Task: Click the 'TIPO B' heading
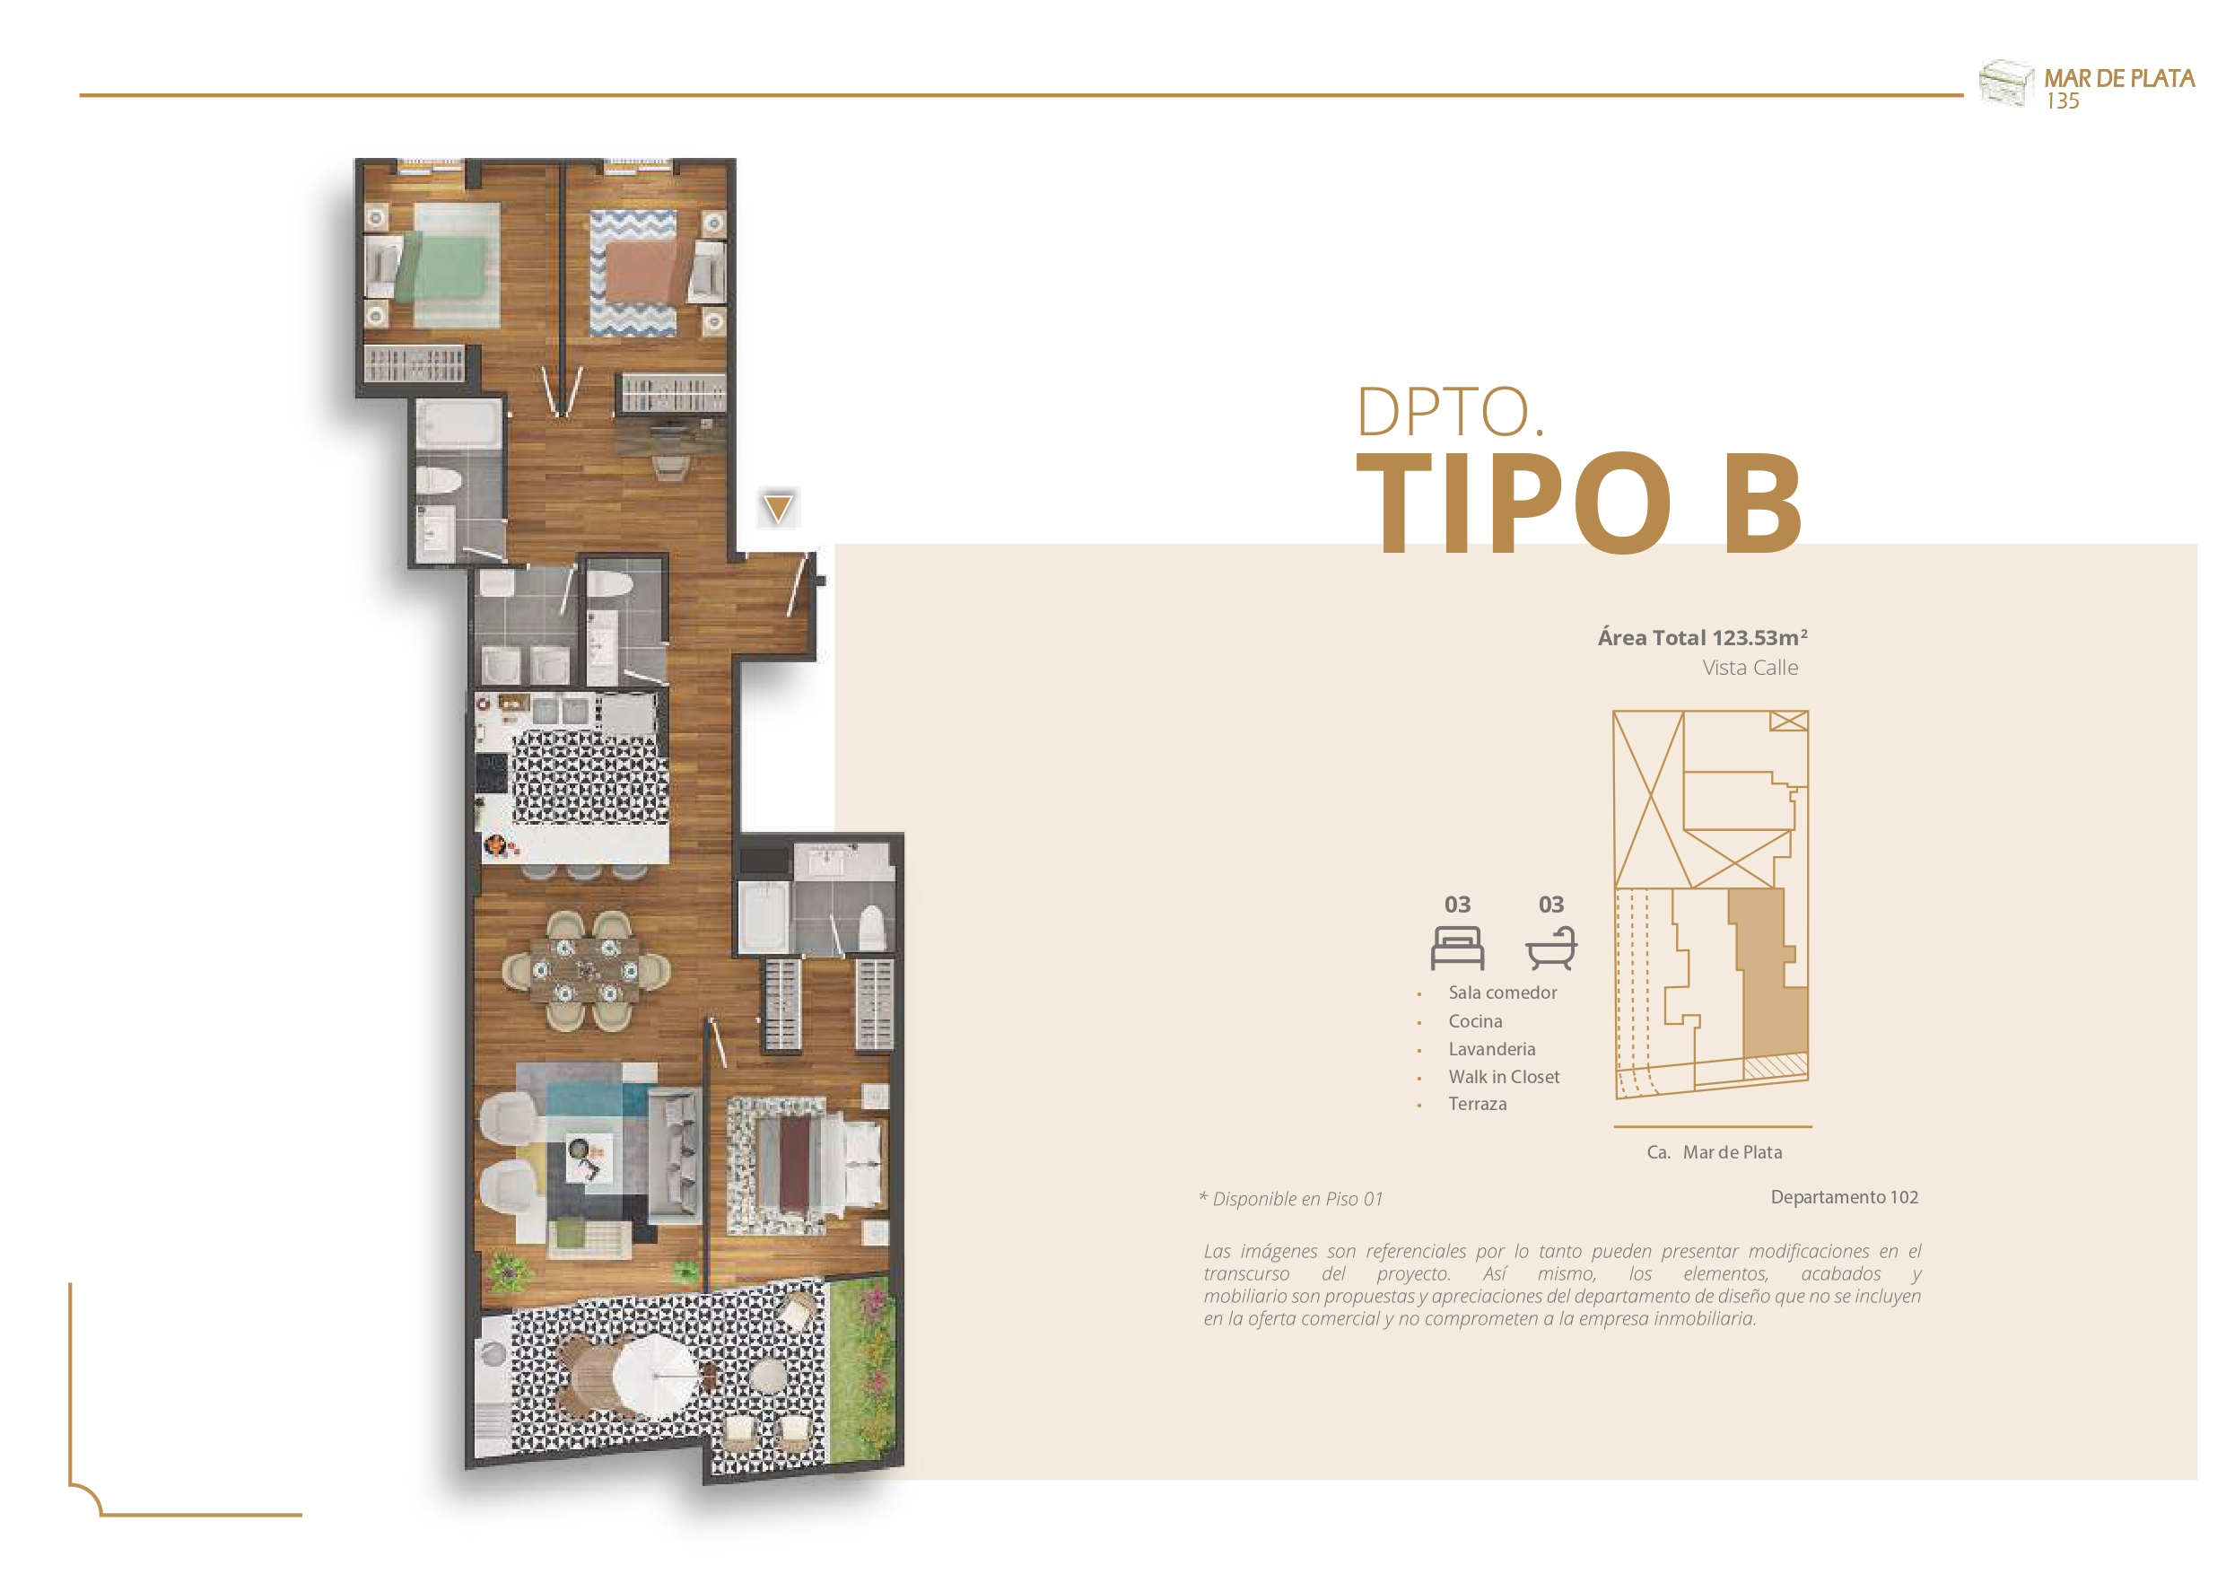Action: (x=1578, y=503)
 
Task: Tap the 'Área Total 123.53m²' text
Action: (x=1701, y=637)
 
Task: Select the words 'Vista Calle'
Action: (x=1750, y=668)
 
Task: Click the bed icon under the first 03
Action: (x=1457, y=948)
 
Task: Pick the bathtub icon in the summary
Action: (x=1551, y=948)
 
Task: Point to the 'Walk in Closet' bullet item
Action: (x=1504, y=1077)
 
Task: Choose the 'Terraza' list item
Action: (x=1478, y=1104)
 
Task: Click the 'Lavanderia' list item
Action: (x=1492, y=1049)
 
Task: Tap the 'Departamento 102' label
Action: (x=1844, y=1197)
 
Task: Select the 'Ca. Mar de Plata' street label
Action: (x=1714, y=1152)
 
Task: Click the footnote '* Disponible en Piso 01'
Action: (x=1290, y=1199)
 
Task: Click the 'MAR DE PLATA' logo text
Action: (x=2119, y=79)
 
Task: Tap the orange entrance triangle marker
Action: (x=778, y=508)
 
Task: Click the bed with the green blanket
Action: (x=444, y=266)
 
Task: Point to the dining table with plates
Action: (x=585, y=969)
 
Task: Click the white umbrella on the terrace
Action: (x=655, y=1375)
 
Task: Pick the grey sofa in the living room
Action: (x=675, y=1154)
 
